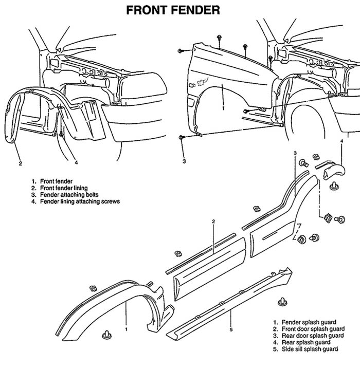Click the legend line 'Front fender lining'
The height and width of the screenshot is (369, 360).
[66, 188]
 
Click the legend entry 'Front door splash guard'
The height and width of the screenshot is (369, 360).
[310, 329]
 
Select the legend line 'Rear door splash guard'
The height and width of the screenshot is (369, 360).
[309, 336]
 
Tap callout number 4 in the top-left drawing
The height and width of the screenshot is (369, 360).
[76, 163]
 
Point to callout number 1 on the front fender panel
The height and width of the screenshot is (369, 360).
[223, 109]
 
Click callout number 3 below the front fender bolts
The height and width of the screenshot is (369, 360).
[184, 161]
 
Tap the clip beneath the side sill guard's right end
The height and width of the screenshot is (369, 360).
[282, 301]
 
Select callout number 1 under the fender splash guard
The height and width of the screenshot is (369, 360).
[126, 327]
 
